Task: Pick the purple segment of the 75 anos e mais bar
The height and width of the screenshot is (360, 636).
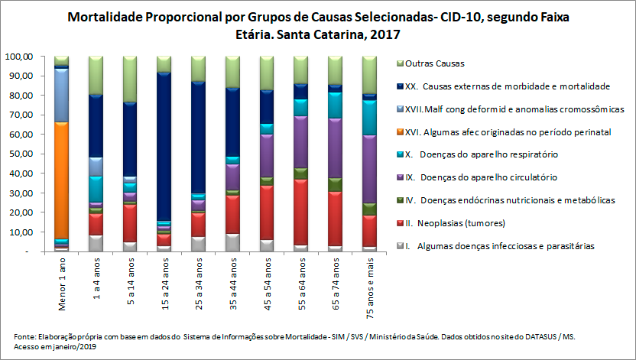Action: (369, 168)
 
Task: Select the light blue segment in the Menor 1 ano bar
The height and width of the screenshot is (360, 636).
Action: (62, 95)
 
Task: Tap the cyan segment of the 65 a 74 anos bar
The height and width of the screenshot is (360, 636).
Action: (335, 105)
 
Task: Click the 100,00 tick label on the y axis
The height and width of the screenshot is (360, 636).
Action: (18, 57)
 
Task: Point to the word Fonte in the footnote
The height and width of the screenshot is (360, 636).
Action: (24, 336)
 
